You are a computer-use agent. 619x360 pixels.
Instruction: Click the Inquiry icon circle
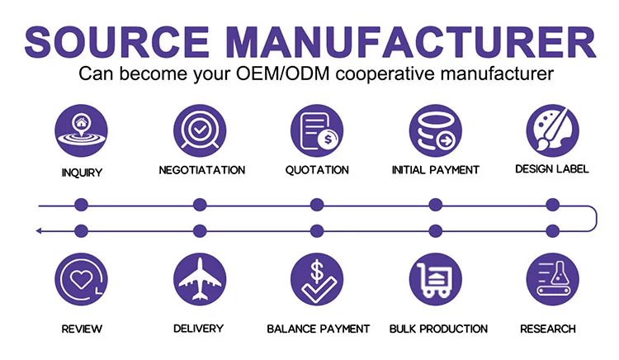tap(82, 130)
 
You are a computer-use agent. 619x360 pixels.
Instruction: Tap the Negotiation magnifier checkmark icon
tap(199, 130)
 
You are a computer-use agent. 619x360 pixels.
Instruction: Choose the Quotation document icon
tap(317, 130)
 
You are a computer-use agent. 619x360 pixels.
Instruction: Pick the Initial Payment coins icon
tap(435, 130)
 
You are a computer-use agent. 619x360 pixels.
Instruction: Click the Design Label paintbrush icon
tap(551, 130)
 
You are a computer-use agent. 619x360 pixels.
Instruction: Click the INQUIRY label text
tap(82, 173)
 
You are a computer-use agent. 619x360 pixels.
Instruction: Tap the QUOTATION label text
tap(317, 170)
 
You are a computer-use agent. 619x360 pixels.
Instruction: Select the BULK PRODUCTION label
tap(438, 329)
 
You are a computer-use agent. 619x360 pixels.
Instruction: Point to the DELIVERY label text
tap(198, 329)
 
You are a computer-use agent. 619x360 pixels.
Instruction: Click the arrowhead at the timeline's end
tap(39, 230)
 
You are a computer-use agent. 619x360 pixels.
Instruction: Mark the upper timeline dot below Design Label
tap(552, 205)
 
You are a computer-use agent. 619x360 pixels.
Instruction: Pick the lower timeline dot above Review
tap(81, 230)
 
